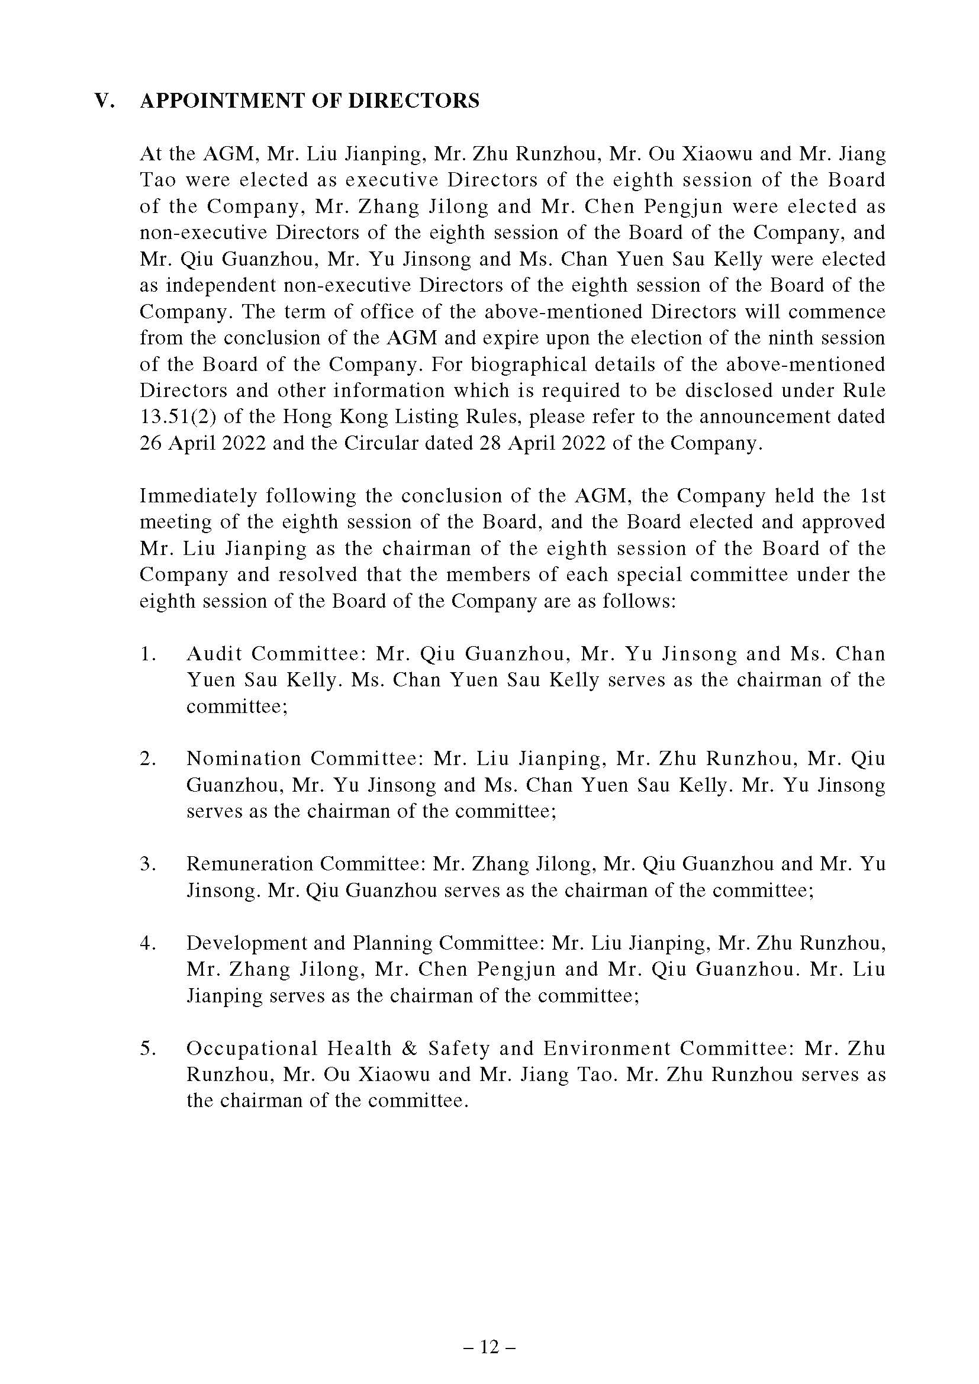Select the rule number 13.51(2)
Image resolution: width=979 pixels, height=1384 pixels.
[175, 417]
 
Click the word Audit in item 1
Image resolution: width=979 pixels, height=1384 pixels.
[214, 653]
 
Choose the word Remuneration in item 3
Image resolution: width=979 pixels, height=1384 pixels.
[249, 864]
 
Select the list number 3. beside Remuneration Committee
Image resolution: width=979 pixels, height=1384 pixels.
[149, 864]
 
